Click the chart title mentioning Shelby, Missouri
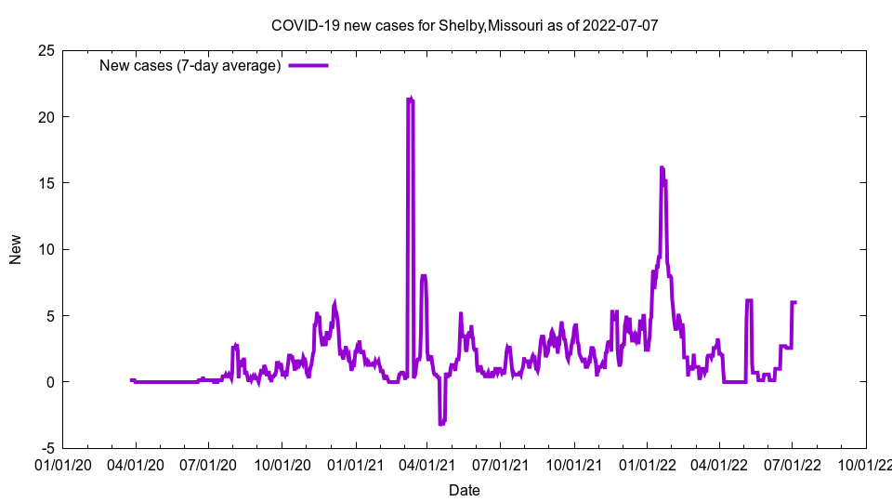[464, 25]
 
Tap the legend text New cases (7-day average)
[190, 65]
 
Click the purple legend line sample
[308, 65]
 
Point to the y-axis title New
[16, 249]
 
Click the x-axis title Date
[464, 490]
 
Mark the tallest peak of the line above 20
[410, 98]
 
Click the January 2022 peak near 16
[662, 167]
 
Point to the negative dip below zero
[442, 423]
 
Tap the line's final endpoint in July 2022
[796, 302]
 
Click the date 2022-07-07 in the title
[620, 25]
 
